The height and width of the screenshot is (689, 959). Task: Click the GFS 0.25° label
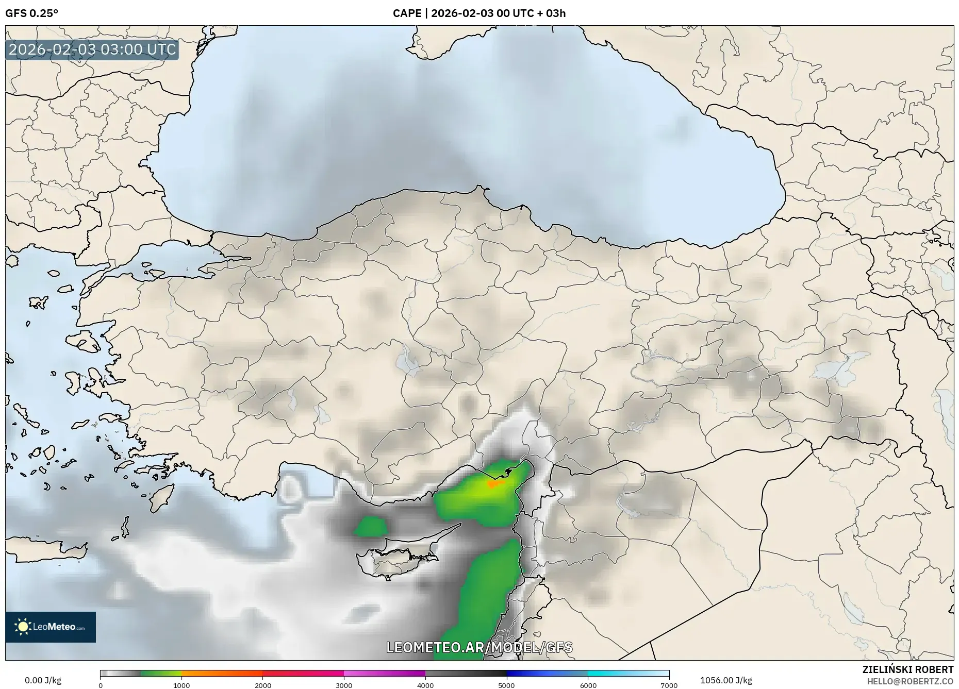click(x=31, y=13)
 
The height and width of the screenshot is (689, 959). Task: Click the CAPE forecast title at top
click(x=479, y=13)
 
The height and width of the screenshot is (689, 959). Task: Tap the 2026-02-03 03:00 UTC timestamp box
click(x=92, y=49)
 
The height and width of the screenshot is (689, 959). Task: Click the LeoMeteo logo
click(x=51, y=627)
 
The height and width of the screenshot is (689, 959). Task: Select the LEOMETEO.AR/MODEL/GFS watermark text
click(x=479, y=647)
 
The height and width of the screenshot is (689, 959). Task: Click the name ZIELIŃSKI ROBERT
click(x=907, y=669)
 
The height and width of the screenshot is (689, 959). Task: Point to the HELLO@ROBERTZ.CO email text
click(x=910, y=681)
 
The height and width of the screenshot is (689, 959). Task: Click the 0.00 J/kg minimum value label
click(x=43, y=680)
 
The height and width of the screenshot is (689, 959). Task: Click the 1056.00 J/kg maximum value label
click(x=726, y=680)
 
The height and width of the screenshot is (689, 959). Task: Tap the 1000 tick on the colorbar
click(x=181, y=685)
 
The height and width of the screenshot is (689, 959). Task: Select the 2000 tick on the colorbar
click(x=263, y=685)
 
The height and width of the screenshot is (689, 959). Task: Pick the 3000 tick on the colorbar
click(x=344, y=685)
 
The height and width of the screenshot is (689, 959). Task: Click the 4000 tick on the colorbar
click(x=425, y=685)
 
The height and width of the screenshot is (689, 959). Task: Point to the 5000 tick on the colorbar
click(x=506, y=685)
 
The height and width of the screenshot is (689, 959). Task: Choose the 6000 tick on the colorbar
click(x=588, y=685)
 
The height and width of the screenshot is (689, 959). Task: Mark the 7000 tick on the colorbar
click(x=669, y=685)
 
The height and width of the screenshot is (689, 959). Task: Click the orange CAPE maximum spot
click(x=493, y=484)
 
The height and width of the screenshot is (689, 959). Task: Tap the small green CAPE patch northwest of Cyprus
click(x=371, y=527)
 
